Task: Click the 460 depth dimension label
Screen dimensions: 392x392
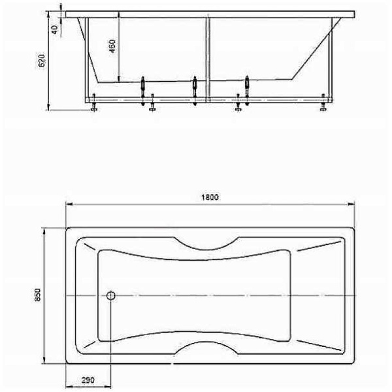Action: [113, 48]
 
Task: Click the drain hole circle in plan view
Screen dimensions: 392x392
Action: [110, 295]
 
